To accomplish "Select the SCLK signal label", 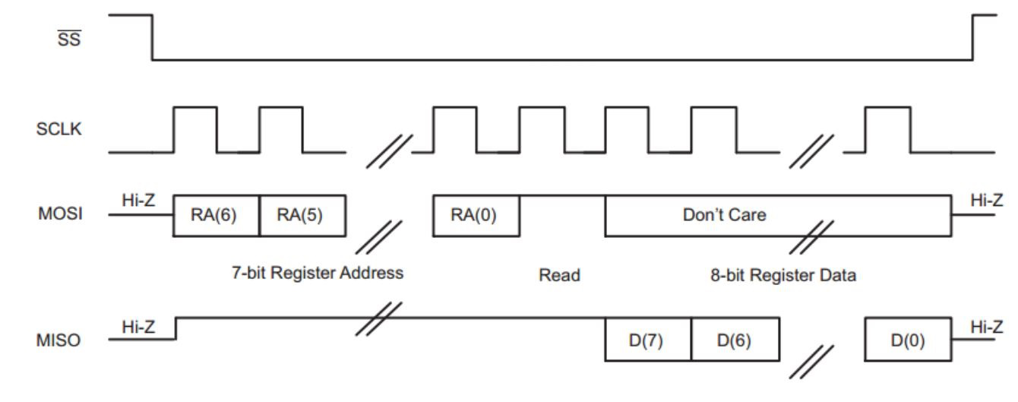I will tap(60, 129).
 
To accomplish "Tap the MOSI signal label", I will tap(60, 215).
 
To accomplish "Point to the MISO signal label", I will tap(60, 340).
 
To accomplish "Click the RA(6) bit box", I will tap(217, 215).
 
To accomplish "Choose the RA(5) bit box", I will tap(302, 215).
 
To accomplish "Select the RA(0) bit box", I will tap(476, 215).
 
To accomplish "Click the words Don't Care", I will tap(724, 215).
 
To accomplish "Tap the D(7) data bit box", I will tap(647, 340).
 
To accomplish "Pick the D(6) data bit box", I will tap(734, 340).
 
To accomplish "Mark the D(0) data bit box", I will tap(908, 340).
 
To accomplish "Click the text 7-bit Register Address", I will tap(318, 273).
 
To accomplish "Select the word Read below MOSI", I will tap(559, 275).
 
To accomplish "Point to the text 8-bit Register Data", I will tap(782, 275).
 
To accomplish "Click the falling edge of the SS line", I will tap(153, 37).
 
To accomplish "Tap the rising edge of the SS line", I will tap(973, 37).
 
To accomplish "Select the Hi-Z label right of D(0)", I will tap(986, 327).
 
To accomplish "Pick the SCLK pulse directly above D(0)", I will tap(888, 129).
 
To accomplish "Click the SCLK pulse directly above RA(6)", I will tap(195, 129).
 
